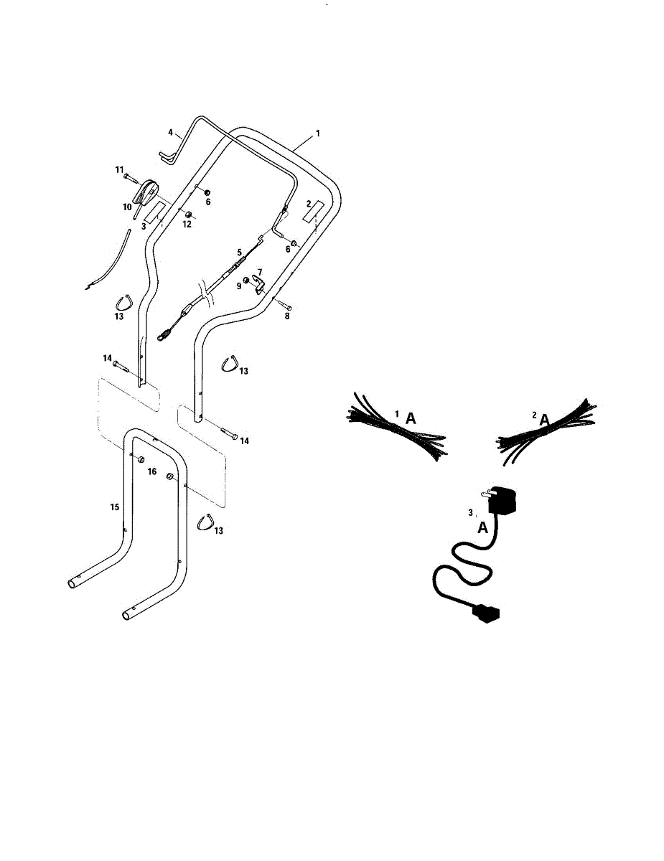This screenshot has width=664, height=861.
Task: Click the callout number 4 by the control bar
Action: [171, 133]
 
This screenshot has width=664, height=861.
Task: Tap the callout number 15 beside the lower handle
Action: [114, 507]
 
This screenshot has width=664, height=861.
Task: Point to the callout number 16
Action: [152, 471]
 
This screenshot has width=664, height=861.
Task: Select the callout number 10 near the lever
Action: [127, 207]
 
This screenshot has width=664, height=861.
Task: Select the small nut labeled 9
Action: [246, 279]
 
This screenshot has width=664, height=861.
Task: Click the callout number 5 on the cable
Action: [240, 253]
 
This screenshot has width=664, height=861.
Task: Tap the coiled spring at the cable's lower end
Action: [165, 333]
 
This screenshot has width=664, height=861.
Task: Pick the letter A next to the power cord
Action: [483, 527]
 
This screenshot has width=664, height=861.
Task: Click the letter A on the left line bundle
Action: [411, 419]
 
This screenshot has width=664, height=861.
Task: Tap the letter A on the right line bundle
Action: [545, 420]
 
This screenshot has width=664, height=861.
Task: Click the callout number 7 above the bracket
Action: [260, 272]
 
